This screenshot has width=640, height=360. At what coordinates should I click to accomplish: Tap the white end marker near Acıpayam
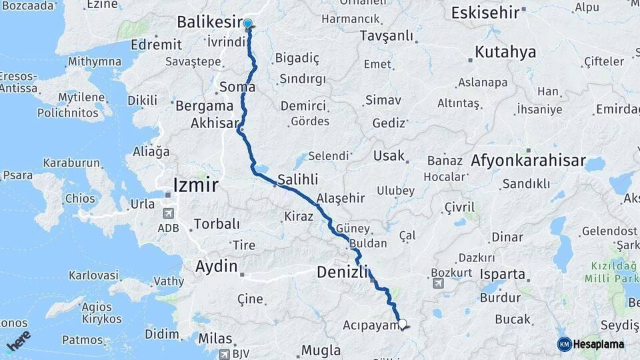tap(402, 324)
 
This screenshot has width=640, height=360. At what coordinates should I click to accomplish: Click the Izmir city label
tap(195, 185)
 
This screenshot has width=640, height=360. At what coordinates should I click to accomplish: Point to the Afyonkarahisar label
tap(528, 161)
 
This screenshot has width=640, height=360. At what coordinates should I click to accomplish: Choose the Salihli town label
tap(297, 179)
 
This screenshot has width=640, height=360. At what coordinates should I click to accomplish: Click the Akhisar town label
tap(214, 123)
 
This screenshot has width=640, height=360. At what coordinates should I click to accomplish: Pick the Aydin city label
tap(216, 267)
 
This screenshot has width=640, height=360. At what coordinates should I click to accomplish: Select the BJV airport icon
tap(225, 353)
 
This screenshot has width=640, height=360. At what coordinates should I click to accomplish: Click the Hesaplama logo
tap(591, 344)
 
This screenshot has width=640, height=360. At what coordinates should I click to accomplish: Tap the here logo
tap(19, 340)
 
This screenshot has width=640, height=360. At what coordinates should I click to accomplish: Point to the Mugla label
tap(321, 350)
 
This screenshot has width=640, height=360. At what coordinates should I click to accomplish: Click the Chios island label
tap(79, 199)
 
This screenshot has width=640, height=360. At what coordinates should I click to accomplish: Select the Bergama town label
tap(204, 105)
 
